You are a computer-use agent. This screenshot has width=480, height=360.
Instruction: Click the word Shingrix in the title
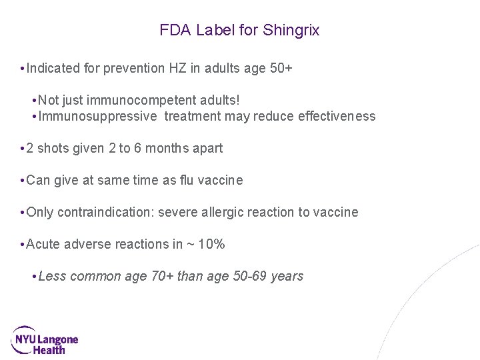click(x=291, y=31)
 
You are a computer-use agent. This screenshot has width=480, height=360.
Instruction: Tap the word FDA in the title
click(x=175, y=31)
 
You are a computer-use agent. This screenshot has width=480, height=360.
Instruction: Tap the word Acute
click(x=42, y=244)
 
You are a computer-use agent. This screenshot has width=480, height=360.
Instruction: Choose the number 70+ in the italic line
click(x=162, y=276)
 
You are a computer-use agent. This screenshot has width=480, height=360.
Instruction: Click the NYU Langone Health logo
click(x=45, y=340)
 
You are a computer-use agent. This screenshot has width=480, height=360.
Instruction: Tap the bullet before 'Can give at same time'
click(x=23, y=180)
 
